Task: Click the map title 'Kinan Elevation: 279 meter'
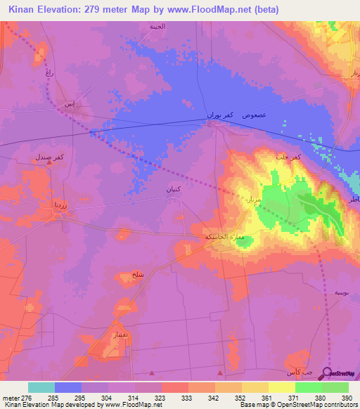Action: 74,9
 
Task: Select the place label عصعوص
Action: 253,114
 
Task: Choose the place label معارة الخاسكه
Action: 224,238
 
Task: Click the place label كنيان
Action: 173,190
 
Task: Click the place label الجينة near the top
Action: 157,27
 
